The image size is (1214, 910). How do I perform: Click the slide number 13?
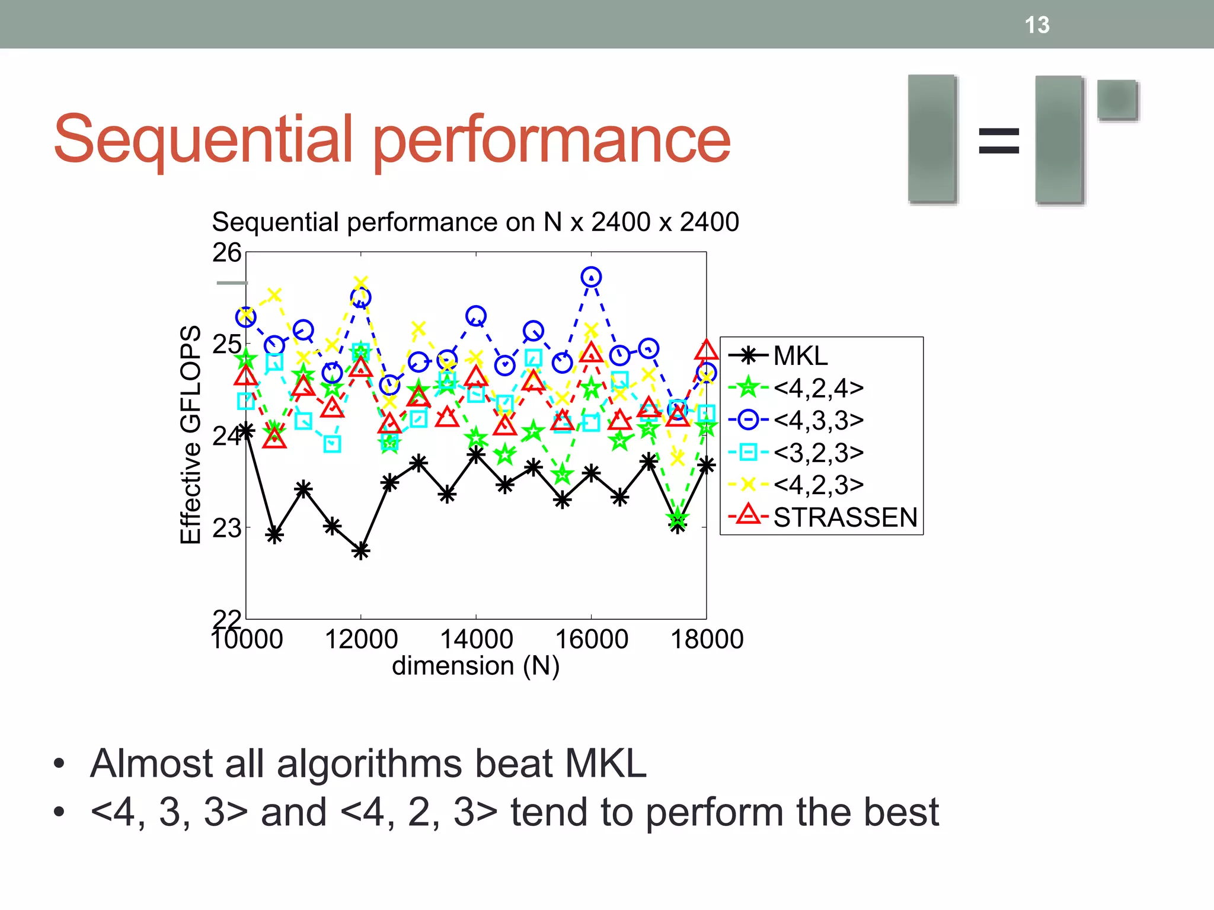1037,25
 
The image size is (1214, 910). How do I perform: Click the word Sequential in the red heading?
205,139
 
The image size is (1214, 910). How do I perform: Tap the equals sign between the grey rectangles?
999,141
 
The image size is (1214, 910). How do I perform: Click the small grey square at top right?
1117,99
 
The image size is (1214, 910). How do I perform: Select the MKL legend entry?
800,355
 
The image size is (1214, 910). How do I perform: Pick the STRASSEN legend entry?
845,517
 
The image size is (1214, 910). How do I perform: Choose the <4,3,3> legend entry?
818,420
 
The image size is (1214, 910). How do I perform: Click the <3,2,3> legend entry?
818,453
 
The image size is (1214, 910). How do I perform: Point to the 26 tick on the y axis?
227,253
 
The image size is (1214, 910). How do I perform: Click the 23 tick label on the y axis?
227,528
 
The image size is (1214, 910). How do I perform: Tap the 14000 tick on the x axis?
476,639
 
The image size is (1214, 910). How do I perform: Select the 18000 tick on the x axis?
707,639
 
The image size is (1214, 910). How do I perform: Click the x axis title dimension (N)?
475,666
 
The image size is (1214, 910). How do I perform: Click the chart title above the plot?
475,222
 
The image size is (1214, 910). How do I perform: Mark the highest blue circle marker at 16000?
591,277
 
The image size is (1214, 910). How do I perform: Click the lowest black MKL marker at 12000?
361,551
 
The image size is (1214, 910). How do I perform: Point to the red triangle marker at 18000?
706,351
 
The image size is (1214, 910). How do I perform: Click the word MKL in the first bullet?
605,763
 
